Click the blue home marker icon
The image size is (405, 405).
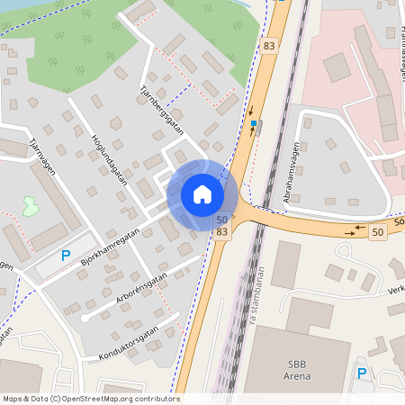pyautogui.click(x=202, y=194)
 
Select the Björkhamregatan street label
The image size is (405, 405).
pyautogui.click(x=110, y=247)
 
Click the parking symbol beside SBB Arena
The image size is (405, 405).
pyautogui.click(x=362, y=373)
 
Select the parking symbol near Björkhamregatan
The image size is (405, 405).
pyautogui.click(x=65, y=256)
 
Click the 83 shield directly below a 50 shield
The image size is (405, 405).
pyautogui.click(x=221, y=232)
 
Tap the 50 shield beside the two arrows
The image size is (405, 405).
pyautogui.click(x=376, y=232)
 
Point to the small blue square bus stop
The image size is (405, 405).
pyautogui.click(x=255, y=123)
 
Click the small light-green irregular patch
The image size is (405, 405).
pyautogui.click(x=30, y=205)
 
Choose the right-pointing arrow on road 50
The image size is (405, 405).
pyautogui.click(x=349, y=234)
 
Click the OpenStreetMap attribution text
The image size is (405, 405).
pyautogui.click(x=90, y=399)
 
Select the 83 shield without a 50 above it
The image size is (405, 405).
pyautogui.click(x=269, y=45)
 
